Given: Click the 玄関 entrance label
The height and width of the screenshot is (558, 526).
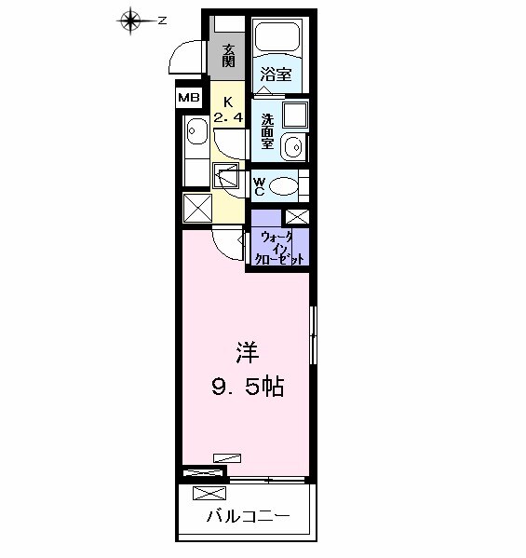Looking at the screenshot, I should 228,55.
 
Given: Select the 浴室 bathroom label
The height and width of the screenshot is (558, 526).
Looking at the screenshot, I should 276,75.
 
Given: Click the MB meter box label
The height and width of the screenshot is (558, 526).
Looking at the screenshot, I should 189,97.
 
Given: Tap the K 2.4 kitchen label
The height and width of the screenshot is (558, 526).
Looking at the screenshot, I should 228,110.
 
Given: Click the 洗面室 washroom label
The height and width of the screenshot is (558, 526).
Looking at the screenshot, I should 268,131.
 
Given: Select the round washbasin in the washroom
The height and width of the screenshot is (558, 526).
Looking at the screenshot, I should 294,147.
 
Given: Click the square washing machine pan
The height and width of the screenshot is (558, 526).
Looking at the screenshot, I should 296,117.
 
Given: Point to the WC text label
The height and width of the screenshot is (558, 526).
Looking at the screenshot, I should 260,184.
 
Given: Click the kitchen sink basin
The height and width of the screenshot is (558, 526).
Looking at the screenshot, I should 196,133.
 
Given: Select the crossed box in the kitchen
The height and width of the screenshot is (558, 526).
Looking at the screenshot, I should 196,208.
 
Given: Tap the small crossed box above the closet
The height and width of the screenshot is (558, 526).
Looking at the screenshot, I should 295,216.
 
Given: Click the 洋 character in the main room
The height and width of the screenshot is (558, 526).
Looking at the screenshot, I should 246,353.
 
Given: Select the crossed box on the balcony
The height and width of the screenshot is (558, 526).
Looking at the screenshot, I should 209,494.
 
